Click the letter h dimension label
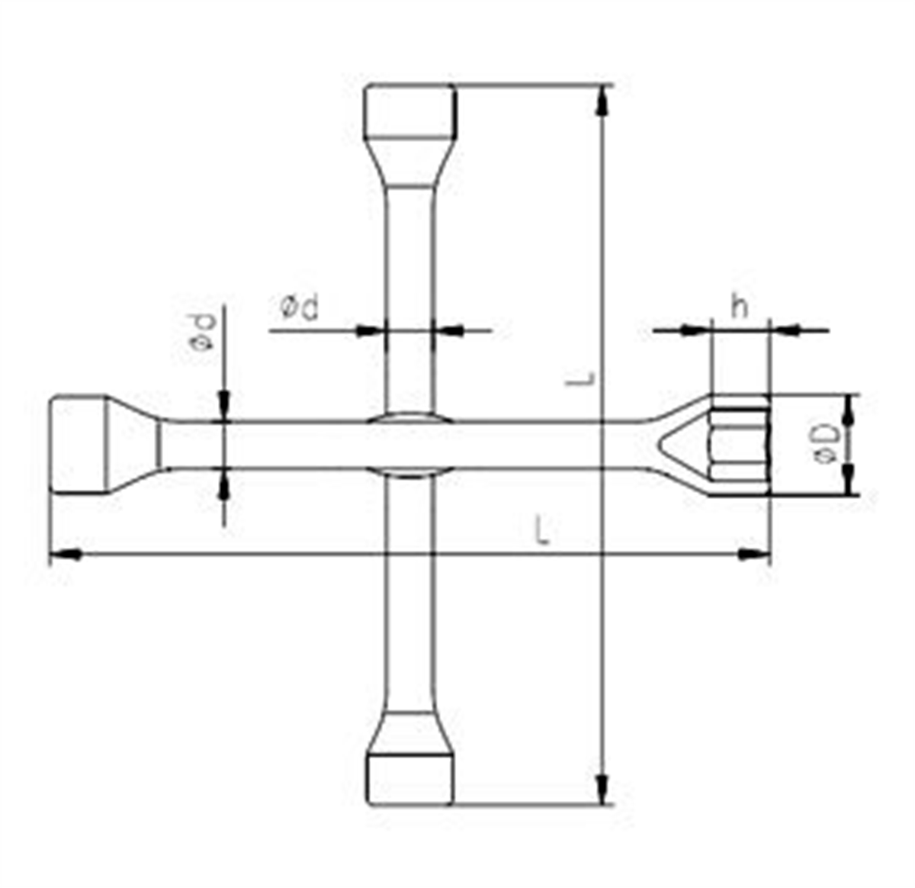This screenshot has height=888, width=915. pos(739,308)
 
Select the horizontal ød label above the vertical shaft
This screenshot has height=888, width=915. pos(299,308)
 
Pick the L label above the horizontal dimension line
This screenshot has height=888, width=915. pos(543,531)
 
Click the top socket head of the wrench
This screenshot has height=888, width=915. pos(410,111)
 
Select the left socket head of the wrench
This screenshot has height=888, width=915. pos(79,445)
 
